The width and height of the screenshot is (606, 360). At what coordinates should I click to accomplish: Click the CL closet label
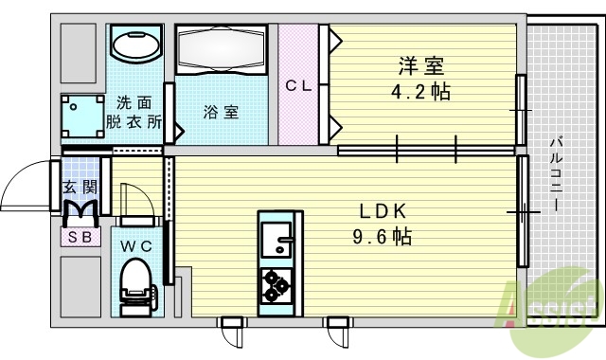299,85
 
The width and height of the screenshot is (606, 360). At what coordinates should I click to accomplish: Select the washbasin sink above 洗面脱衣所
134,45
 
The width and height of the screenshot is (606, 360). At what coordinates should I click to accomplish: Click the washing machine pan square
83,117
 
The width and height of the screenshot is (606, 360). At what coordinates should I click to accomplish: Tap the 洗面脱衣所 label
134,113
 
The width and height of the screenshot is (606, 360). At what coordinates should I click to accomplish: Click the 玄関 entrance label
79,187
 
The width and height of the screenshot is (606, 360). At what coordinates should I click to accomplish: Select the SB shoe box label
79,237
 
